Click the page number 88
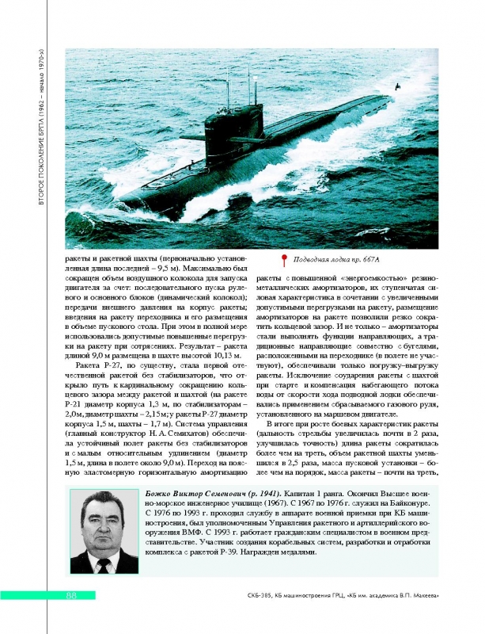[x=70, y=595]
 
